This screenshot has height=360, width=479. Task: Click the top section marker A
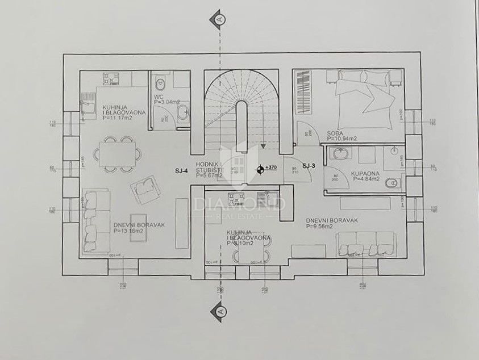[219, 18]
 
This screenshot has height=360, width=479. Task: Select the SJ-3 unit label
[309, 166]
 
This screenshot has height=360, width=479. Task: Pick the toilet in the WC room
[160, 84]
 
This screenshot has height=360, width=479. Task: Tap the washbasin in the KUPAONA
[340, 153]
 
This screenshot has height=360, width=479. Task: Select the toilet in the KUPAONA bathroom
[391, 183]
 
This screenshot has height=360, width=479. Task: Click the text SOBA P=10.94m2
[342, 135]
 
